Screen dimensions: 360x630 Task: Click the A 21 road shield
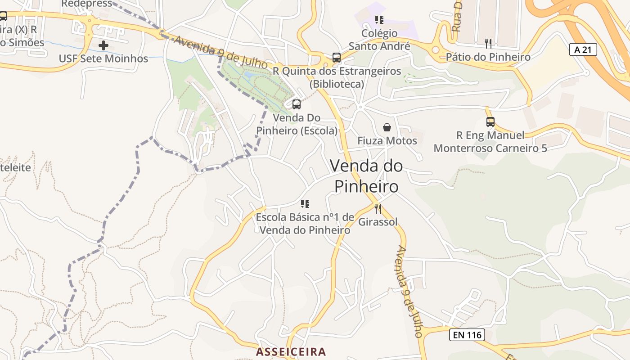[583, 49]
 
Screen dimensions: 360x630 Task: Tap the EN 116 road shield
[467, 335]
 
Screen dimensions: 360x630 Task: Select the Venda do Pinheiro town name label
[366, 176]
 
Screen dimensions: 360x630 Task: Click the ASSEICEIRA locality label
[291, 351]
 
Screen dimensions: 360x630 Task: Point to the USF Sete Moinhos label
[103, 58]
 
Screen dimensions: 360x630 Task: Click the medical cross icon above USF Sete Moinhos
[103, 45]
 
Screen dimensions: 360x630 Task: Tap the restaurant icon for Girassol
[378, 209]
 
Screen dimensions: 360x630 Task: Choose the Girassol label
[378, 222]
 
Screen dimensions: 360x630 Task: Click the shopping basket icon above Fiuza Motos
[387, 128]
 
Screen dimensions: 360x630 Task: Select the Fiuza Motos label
[387, 141]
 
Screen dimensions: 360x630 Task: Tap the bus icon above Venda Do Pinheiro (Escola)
[297, 104]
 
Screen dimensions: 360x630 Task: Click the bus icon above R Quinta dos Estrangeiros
[337, 58]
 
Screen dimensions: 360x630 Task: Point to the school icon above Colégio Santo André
[379, 20]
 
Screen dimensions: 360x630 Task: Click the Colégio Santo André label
[379, 40]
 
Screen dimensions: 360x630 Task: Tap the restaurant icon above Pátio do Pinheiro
[488, 44]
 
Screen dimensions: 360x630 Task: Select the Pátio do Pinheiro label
[488, 57]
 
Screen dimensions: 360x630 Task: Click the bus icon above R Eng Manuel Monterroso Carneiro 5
[490, 122]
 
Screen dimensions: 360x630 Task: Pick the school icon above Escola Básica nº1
[305, 204]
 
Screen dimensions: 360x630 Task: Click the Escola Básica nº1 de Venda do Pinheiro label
[305, 224]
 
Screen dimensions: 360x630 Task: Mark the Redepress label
[86, 4]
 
